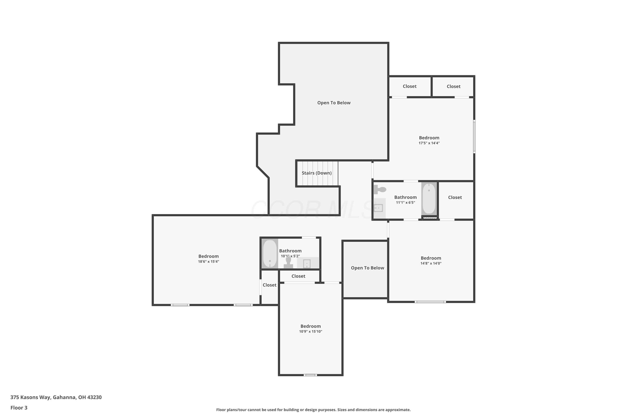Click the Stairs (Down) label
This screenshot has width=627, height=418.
pyautogui.click(x=316, y=173)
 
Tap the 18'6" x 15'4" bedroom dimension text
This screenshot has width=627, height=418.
pyautogui.click(x=208, y=261)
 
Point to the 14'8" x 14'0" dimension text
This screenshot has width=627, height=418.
pyautogui.click(x=431, y=263)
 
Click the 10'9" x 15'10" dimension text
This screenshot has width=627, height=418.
pyautogui.click(x=311, y=332)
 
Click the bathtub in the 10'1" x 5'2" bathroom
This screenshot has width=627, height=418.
pyautogui.click(x=270, y=254)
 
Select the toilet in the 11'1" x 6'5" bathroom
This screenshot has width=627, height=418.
pyautogui.click(x=380, y=190)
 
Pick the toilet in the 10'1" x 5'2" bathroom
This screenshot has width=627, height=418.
pyautogui.click(x=288, y=262)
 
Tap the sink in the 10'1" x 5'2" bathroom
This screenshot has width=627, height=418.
pyautogui.click(x=307, y=263)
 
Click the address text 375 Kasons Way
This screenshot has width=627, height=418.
pyautogui.click(x=30, y=397)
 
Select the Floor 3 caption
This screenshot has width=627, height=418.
pyautogui.click(x=19, y=408)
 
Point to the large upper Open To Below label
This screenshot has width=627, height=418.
pyautogui.click(x=334, y=103)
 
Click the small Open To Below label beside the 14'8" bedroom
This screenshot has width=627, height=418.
pyautogui.click(x=367, y=268)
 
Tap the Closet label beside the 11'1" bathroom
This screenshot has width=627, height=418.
pyautogui.click(x=455, y=198)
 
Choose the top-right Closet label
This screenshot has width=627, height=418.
pyautogui.click(x=454, y=86)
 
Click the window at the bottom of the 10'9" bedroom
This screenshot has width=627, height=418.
pyautogui.click(x=310, y=375)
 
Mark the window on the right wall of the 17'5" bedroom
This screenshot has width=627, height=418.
pyautogui.click(x=474, y=136)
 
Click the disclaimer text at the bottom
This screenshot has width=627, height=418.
pyautogui.click(x=313, y=410)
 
